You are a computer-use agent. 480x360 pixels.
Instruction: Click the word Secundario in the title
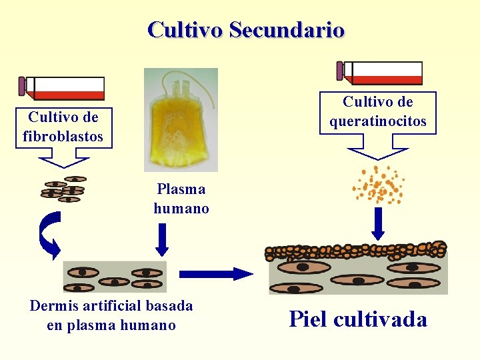click(x=286, y=30)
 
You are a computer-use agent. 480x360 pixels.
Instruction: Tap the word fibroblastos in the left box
click(x=63, y=137)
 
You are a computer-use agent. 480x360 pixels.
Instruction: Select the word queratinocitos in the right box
click(x=378, y=121)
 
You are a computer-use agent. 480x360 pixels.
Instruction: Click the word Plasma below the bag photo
click(x=181, y=189)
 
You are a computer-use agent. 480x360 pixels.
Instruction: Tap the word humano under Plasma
click(x=181, y=209)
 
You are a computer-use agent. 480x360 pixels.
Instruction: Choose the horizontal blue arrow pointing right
click(x=216, y=273)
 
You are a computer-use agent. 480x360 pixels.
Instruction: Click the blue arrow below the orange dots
click(x=378, y=223)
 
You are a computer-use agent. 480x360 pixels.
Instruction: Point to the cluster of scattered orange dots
click(x=379, y=184)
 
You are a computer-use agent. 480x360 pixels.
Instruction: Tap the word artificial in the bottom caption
click(x=111, y=306)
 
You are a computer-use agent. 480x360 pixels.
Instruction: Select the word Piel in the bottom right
click(x=308, y=319)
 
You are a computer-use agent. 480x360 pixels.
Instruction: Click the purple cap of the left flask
click(x=22, y=86)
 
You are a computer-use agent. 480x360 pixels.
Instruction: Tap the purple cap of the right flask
click(x=340, y=71)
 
